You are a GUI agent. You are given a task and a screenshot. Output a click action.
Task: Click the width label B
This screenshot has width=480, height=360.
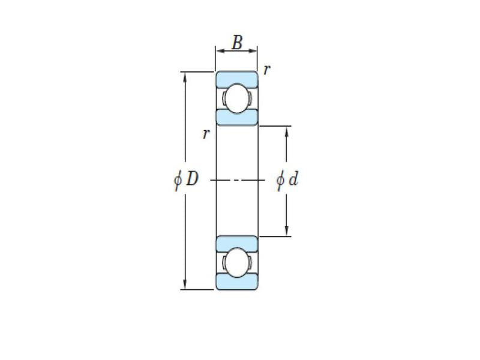pos(238,43)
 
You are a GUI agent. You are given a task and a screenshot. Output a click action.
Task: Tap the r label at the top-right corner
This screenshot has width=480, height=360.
pos(266,69)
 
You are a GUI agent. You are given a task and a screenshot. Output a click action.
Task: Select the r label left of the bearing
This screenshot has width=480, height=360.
pos(206,134)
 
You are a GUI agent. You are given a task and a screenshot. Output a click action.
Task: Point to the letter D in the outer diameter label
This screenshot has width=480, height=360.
pos(191,179)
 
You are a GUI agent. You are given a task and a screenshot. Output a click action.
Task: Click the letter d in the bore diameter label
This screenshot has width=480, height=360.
pos(293,179)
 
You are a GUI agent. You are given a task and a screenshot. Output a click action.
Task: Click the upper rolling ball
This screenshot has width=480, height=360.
pos(237,98)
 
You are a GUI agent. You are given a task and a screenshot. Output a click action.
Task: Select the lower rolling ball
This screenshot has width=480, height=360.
pos(237,263)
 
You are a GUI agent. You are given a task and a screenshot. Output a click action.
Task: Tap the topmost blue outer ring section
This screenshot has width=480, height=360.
pos(237,77)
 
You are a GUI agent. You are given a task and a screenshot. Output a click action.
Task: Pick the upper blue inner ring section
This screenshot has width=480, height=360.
pos(237,118)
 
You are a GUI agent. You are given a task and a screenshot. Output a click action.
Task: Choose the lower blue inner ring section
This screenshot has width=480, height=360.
pos(237,243)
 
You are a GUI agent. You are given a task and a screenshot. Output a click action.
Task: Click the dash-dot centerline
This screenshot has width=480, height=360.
pos(237,180)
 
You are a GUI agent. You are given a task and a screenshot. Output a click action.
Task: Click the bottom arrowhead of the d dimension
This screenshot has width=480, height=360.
pos(287,232)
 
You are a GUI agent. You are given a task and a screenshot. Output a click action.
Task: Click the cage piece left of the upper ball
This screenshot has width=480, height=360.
pos(223,98)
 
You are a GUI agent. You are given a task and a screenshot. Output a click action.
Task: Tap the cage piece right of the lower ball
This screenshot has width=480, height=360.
pos(251,263)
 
